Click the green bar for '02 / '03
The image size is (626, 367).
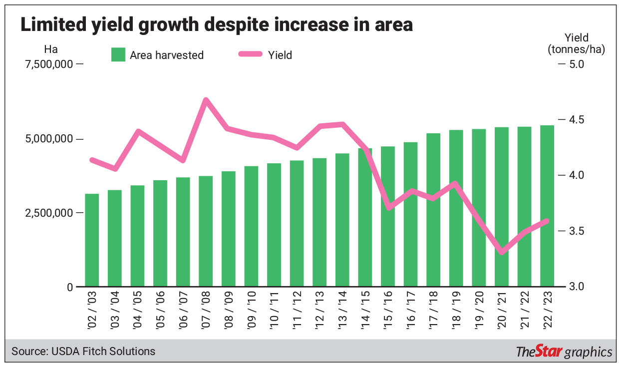pyautogui.click(x=92, y=240)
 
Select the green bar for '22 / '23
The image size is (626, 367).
pyautogui.click(x=548, y=206)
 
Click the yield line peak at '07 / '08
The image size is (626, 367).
pyautogui.click(x=206, y=100)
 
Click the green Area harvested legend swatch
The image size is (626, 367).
pyautogui.click(x=118, y=55)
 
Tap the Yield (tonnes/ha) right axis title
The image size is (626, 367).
pyautogui.click(x=576, y=43)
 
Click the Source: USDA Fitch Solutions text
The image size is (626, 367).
pyautogui.click(x=83, y=352)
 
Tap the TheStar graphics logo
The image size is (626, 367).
pyautogui.click(x=564, y=352)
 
